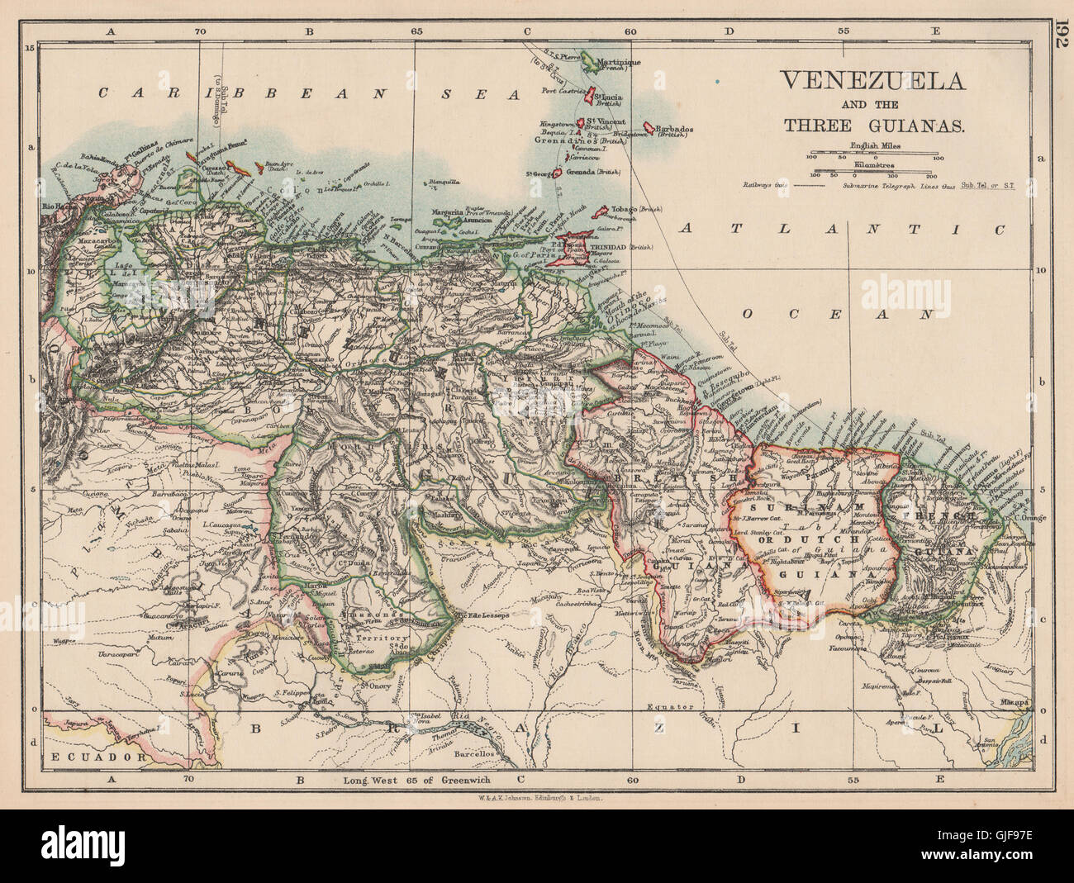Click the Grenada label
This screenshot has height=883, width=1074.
tap(578, 173)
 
